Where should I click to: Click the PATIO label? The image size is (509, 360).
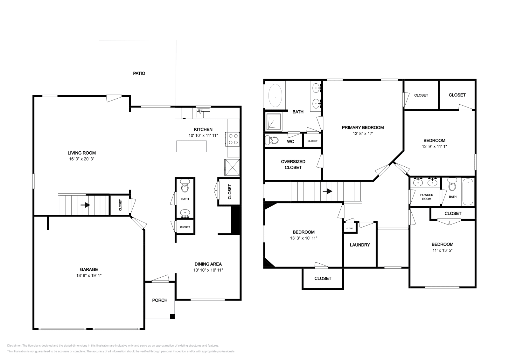[x=139, y=73]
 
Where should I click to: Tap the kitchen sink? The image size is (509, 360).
[x=203, y=113]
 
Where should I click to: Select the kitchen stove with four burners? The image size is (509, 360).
[x=233, y=139]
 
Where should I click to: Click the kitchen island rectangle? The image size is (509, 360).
[x=192, y=146]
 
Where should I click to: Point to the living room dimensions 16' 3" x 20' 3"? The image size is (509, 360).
[x=82, y=159]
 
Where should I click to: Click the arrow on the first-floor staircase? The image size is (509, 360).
[x=86, y=205]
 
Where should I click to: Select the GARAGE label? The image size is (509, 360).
[x=89, y=269]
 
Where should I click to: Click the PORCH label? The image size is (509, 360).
[x=160, y=300]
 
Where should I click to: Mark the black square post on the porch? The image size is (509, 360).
[x=172, y=316]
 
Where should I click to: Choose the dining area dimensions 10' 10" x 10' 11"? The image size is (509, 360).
[x=208, y=270]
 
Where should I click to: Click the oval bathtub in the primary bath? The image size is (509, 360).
[x=275, y=96]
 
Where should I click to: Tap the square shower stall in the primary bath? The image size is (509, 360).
[x=274, y=121]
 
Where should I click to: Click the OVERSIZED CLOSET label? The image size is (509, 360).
[x=293, y=164]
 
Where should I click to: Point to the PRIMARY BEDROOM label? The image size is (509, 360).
[x=363, y=128]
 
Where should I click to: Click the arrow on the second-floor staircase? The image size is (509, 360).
[x=327, y=191]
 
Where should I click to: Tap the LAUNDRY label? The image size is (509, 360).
[x=360, y=245]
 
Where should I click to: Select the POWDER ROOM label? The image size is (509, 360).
[x=427, y=197]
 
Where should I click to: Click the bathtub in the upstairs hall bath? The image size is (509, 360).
[x=468, y=192]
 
